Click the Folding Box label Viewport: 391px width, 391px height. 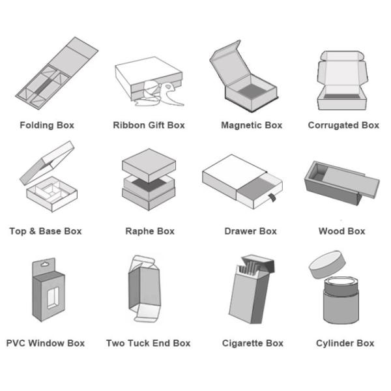click(x=47, y=125)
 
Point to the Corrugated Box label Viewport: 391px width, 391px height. click(x=343, y=125)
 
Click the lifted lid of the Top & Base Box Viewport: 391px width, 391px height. click(x=48, y=163)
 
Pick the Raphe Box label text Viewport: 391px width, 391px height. click(x=150, y=231)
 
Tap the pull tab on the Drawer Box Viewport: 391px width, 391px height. click(x=272, y=198)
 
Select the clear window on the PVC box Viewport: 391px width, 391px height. click(x=53, y=298)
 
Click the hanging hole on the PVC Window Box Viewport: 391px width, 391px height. click(x=45, y=264)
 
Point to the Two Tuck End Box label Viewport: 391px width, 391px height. click(x=149, y=343)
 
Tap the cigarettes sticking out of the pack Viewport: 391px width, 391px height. click(x=250, y=268)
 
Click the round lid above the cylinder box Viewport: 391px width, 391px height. click(x=327, y=265)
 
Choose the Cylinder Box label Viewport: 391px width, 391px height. click(x=345, y=343)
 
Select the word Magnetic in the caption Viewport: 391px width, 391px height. click(x=241, y=125)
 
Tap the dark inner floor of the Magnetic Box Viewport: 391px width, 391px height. click(x=252, y=91)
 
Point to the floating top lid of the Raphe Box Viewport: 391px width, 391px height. click(x=149, y=165)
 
